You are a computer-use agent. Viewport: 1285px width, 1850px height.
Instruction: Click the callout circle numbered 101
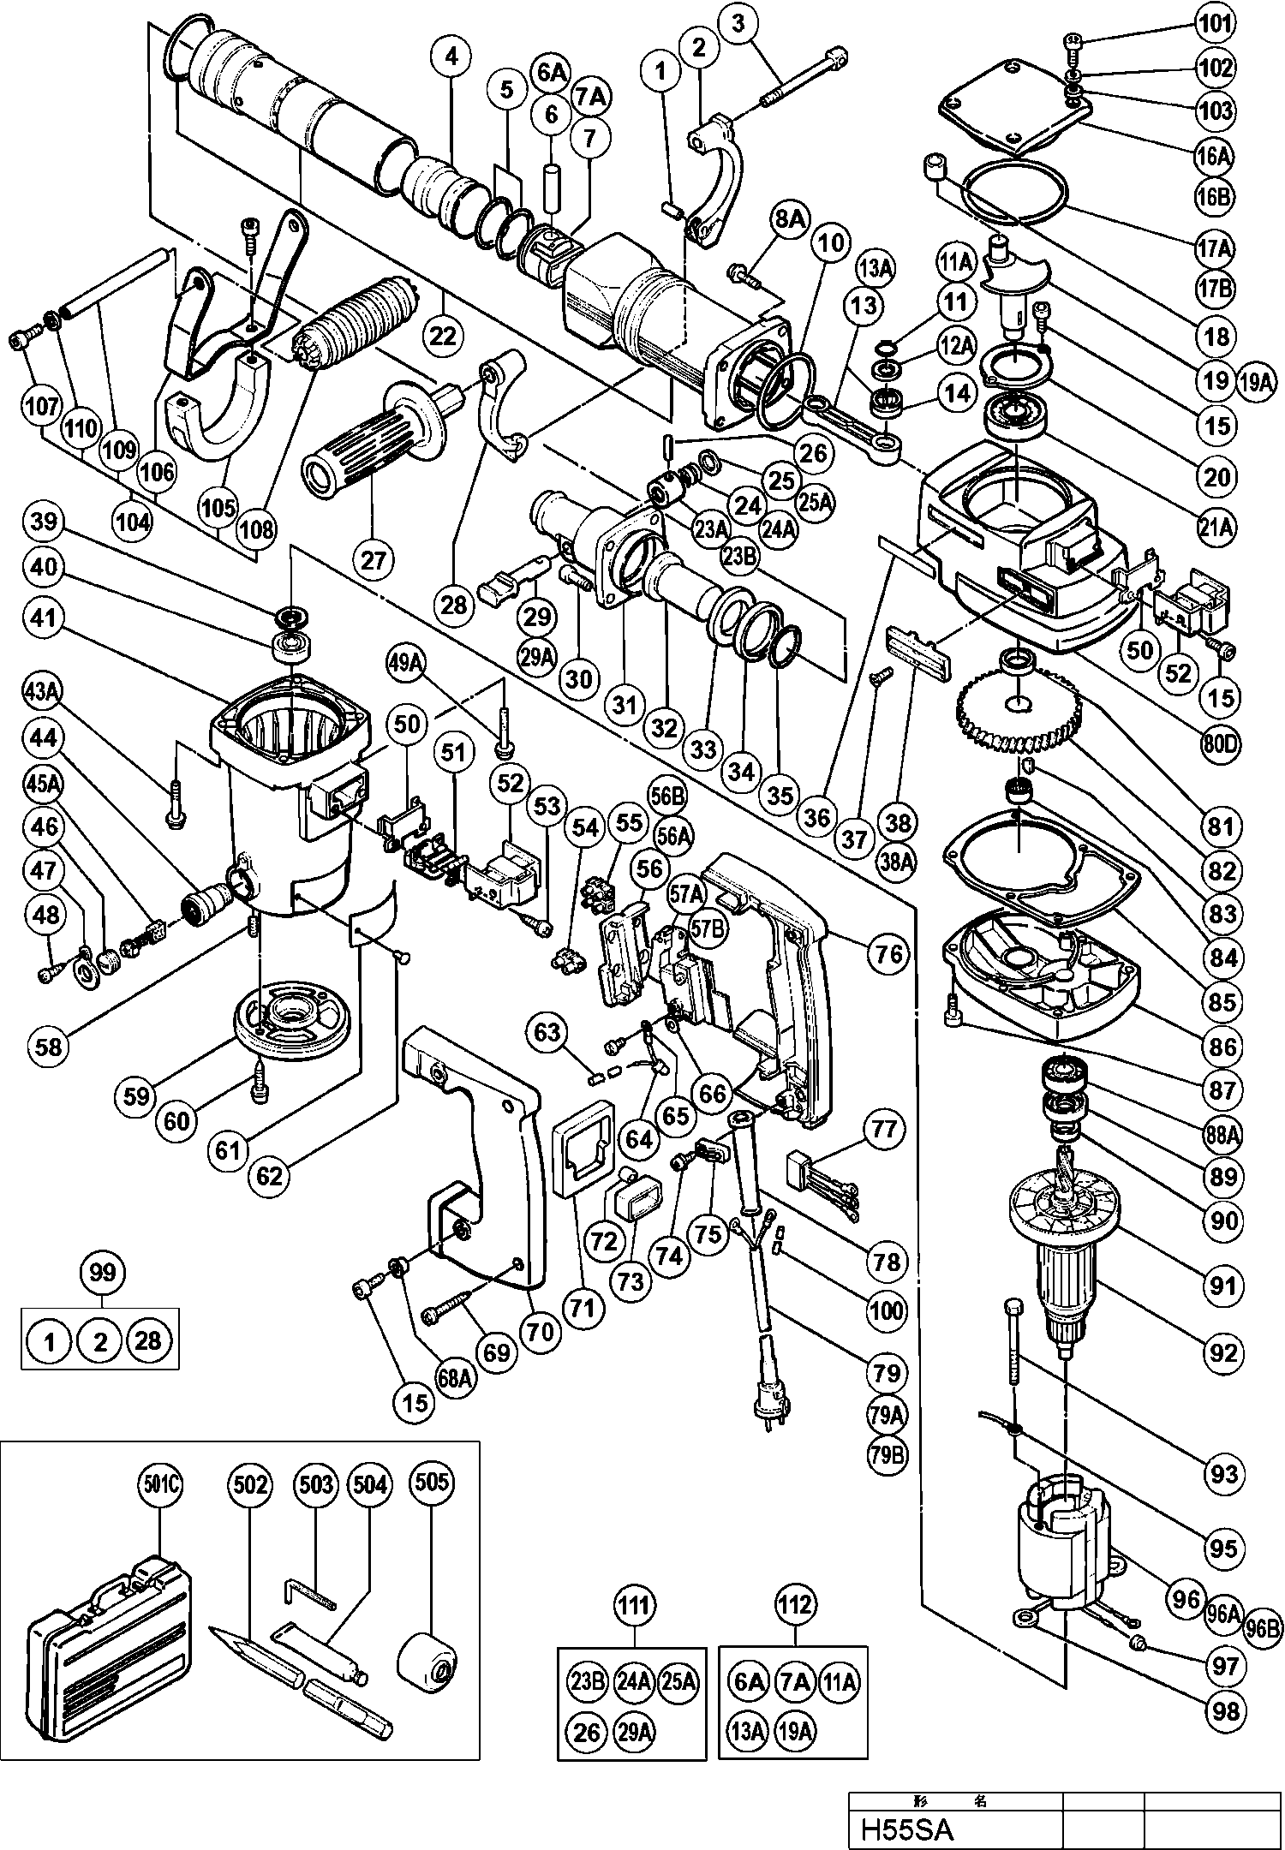(x=1216, y=25)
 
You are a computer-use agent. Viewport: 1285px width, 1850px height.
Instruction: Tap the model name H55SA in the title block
(x=907, y=1828)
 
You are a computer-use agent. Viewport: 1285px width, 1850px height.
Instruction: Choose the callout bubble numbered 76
(x=888, y=952)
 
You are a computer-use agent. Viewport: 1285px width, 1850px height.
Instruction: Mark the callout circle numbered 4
(x=451, y=57)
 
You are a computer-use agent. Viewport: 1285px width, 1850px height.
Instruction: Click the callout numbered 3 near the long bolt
(x=738, y=23)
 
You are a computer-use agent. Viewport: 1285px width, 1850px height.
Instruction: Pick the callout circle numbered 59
(x=136, y=1096)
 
